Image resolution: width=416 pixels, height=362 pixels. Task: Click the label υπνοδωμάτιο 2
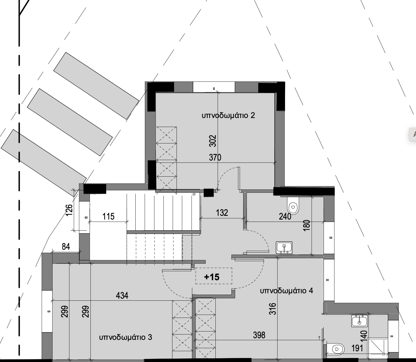(x=228, y=116)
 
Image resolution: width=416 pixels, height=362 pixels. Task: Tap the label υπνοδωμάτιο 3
(x=126, y=338)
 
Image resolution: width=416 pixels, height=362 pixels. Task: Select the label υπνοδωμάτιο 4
(x=286, y=291)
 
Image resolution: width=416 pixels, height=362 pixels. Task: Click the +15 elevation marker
(x=212, y=277)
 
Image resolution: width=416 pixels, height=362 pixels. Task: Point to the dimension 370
(x=215, y=157)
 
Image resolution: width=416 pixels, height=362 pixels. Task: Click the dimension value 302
(x=213, y=141)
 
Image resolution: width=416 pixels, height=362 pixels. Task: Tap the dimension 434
(x=122, y=295)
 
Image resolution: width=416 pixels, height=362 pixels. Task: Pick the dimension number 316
(x=273, y=309)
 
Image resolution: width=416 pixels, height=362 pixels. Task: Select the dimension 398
(x=259, y=335)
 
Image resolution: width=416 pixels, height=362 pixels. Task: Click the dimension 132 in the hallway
(x=222, y=213)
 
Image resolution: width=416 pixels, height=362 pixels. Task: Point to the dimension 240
(x=285, y=217)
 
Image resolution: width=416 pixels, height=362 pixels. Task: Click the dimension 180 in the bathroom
(x=306, y=225)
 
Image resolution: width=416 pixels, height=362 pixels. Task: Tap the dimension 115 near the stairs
(x=109, y=217)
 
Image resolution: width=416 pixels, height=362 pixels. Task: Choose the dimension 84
(x=66, y=247)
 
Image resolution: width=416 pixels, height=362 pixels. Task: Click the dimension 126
(x=69, y=210)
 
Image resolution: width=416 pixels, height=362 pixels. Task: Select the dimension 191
(x=357, y=348)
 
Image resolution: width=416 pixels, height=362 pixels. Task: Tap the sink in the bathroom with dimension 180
(x=284, y=247)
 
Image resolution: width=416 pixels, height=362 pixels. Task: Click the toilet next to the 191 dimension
(x=336, y=349)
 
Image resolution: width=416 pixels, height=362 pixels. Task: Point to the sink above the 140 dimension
(x=359, y=321)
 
